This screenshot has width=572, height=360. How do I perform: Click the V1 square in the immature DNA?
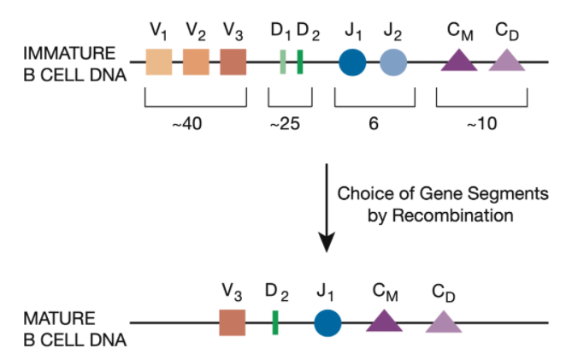point(159,62)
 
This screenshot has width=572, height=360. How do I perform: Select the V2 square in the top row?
point(196,62)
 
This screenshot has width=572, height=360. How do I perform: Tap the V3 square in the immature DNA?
point(233,62)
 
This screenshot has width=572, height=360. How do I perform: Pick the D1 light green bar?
point(282,62)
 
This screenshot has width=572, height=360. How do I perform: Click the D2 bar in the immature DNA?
point(300,62)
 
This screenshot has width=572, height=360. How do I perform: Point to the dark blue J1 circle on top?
point(352,62)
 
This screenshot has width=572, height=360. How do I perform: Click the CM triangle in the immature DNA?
point(458,62)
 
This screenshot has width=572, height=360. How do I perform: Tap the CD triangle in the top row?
point(506,62)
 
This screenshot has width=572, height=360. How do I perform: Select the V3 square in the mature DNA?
point(233,323)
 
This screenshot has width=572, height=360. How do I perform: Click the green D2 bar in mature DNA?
point(275,323)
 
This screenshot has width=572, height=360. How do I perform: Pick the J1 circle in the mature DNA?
point(327,323)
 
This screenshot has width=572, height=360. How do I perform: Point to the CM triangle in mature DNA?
point(384,322)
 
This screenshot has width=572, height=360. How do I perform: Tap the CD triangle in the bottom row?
point(443,322)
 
